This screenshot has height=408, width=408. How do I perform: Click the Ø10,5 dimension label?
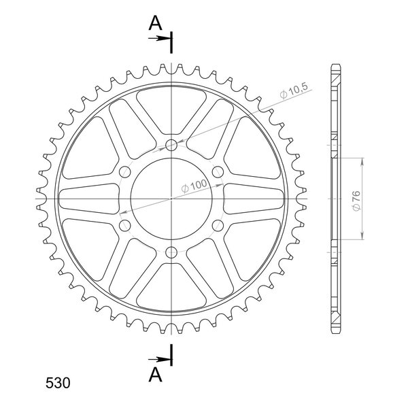coord(294,91)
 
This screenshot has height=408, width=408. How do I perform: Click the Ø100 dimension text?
coord(194,185)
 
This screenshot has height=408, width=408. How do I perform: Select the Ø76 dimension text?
coord(357,201)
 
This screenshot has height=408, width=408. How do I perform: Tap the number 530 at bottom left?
coord(58,383)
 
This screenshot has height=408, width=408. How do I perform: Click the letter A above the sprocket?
coord(155,23)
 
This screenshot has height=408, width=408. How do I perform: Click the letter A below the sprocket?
coord(155,375)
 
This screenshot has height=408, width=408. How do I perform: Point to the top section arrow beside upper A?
coord(158,39)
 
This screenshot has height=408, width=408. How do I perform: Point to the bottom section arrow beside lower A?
coord(158,360)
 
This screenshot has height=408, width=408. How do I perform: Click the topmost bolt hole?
coord(171,146)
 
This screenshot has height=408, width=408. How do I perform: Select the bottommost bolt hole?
coord(171,252)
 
